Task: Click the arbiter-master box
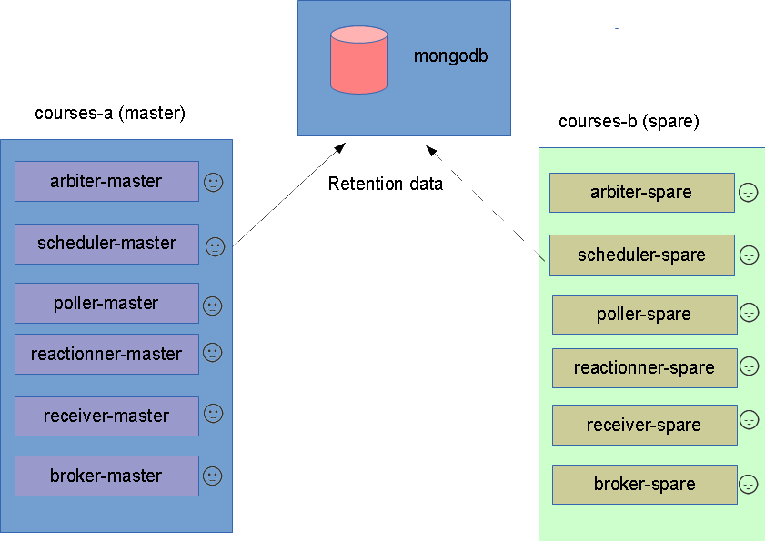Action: click(106, 182)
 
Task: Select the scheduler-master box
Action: click(106, 244)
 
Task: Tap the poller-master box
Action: click(106, 303)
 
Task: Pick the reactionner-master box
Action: click(106, 355)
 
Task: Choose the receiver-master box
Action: click(106, 416)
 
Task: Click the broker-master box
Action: click(106, 476)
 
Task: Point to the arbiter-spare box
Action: click(642, 193)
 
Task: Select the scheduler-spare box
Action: click(642, 255)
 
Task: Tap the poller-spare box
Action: click(645, 315)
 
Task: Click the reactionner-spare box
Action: click(645, 368)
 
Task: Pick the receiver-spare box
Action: click(645, 425)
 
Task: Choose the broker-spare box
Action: click(645, 485)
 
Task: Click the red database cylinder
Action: click(358, 60)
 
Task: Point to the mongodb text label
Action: click(450, 56)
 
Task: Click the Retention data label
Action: click(386, 184)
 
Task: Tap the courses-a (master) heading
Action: click(110, 113)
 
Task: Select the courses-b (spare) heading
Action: click(629, 122)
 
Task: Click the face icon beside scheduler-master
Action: click(216, 246)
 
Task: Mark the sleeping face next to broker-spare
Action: click(749, 485)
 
